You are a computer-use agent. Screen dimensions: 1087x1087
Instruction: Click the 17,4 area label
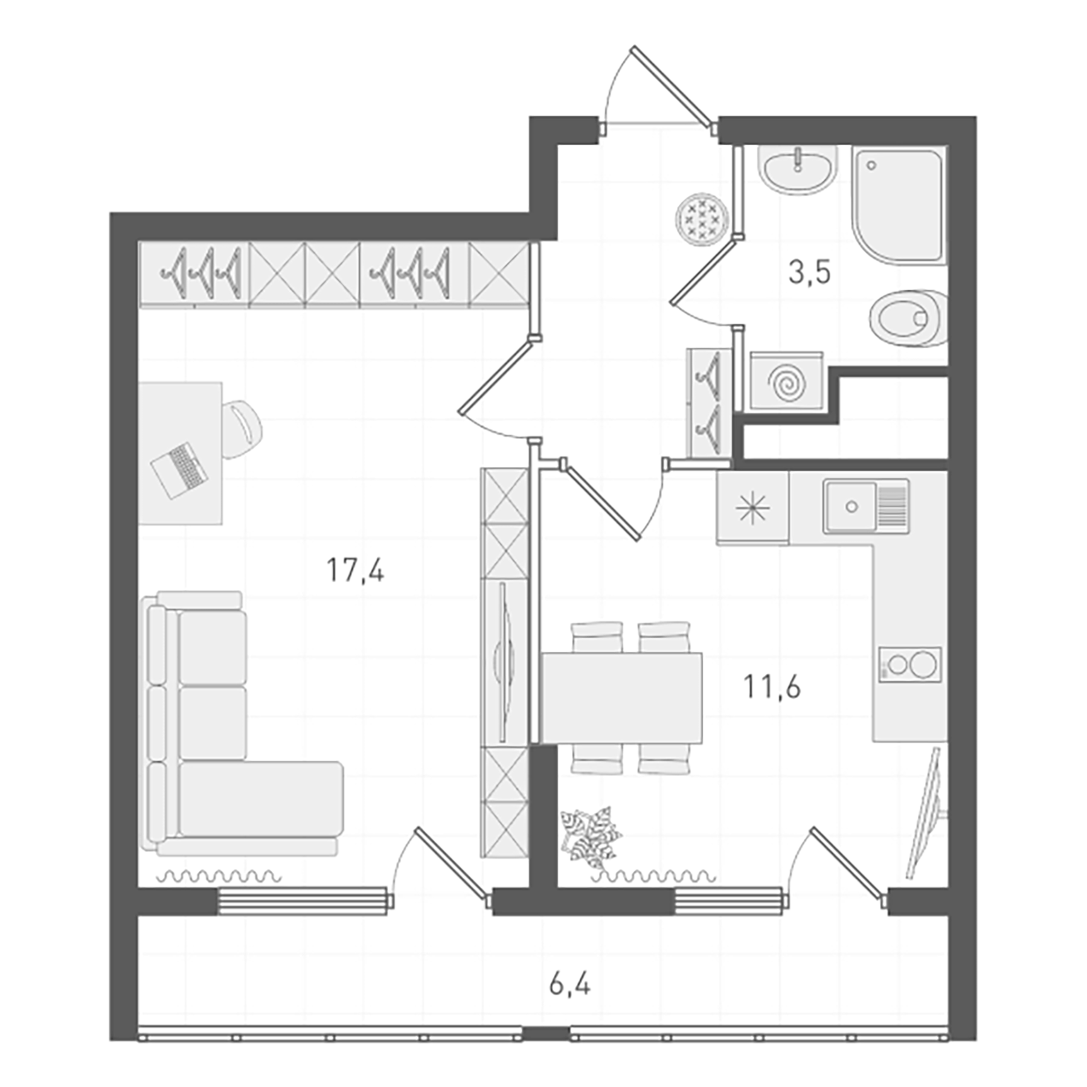click(x=355, y=570)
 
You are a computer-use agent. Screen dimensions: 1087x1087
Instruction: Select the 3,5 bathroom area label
click(x=809, y=272)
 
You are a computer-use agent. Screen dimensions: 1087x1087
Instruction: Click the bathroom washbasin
click(x=798, y=168)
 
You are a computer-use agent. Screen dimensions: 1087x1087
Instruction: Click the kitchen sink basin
click(x=851, y=506)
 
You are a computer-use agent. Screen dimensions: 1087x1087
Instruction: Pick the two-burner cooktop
click(x=909, y=665)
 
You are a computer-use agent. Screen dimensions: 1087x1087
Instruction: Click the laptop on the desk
click(x=179, y=470)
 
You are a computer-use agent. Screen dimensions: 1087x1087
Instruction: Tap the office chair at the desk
click(x=242, y=429)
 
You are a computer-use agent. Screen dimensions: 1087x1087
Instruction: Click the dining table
click(x=622, y=697)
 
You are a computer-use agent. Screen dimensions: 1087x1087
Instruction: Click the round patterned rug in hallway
click(x=700, y=219)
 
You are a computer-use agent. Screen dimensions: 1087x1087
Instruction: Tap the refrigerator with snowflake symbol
click(x=752, y=507)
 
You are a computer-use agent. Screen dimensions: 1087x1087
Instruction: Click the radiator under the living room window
click(x=219, y=876)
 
